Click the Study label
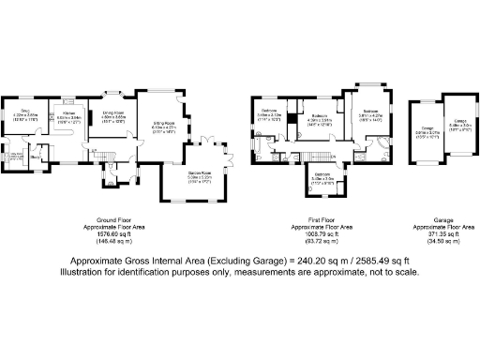point(35,157)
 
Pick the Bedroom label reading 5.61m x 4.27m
point(370,111)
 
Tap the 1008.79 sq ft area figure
point(321,233)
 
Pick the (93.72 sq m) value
point(321,242)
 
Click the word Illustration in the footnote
point(85,272)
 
